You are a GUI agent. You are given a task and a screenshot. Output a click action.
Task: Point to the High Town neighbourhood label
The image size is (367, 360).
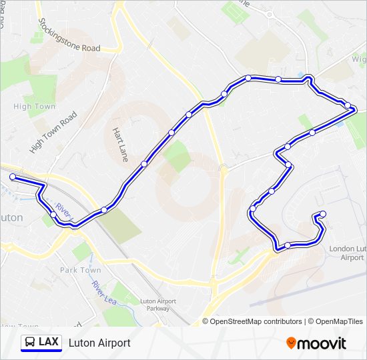(35, 107)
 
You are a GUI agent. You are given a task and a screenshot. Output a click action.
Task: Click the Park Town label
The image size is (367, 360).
(80, 270)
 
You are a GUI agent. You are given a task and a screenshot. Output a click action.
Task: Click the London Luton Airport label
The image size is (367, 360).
(347, 253)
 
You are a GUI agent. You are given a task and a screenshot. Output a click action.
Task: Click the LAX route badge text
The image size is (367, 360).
(48, 342)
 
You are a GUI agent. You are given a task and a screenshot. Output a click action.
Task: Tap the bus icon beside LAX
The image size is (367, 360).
(30, 343)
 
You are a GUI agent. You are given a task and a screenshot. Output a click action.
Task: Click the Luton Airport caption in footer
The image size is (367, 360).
(99, 343)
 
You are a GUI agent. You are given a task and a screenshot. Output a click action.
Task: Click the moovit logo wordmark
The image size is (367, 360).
(322, 343)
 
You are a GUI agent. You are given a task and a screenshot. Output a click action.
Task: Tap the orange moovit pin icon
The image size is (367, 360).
(291, 343)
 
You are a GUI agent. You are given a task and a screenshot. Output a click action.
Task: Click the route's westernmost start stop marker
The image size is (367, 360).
(13, 177)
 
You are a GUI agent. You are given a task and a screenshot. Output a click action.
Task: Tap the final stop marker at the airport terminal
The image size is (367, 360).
(323, 214)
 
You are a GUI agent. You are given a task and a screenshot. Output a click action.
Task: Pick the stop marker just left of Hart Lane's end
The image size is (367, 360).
(144, 163)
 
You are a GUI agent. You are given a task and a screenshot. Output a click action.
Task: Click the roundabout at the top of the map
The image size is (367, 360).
(270, 15)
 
